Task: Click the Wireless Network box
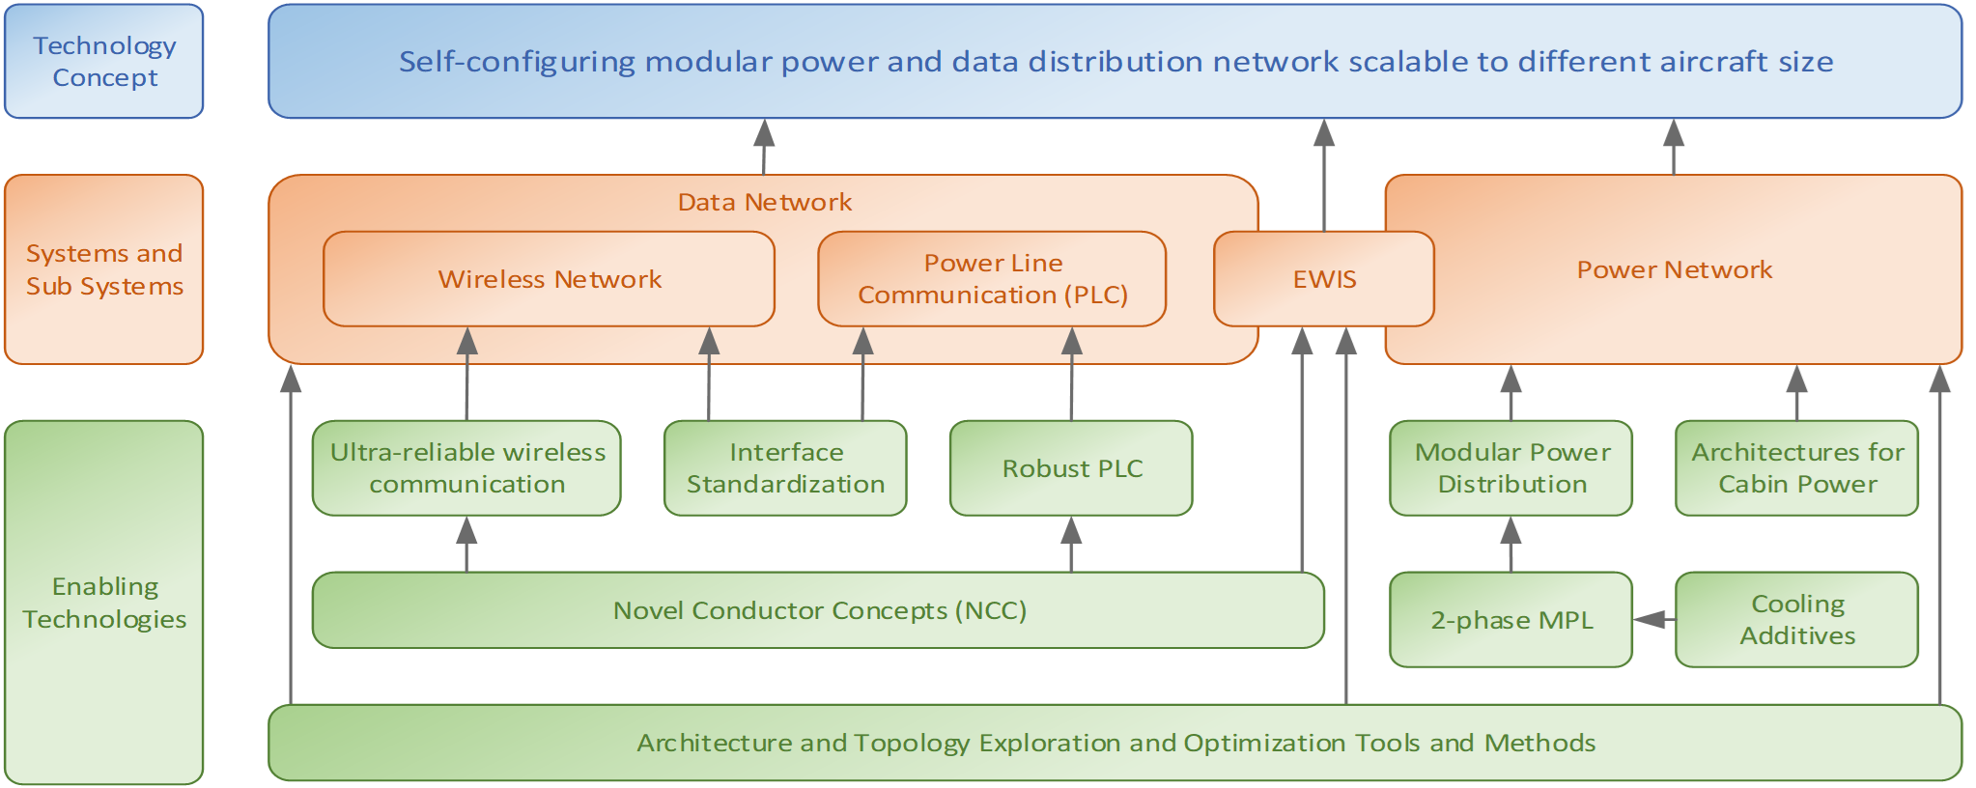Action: click(549, 279)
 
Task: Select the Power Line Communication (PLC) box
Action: click(992, 279)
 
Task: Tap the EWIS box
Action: click(1323, 279)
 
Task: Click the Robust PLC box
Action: click(1071, 468)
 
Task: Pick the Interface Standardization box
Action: click(785, 468)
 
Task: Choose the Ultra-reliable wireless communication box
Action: click(466, 468)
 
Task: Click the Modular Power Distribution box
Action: click(1511, 468)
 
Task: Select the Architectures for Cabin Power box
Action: click(1796, 468)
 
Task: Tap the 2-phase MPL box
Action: click(1511, 620)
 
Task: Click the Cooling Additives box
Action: click(1796, 620)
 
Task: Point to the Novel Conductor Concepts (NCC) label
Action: click(819, 610)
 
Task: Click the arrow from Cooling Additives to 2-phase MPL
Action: click(1654, 619)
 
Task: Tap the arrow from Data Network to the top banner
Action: click(765, 147)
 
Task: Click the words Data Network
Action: click(764, 202)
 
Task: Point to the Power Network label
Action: click(1674, 269)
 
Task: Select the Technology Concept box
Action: click(104, 62)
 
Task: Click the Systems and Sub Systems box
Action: click(104, 269)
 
